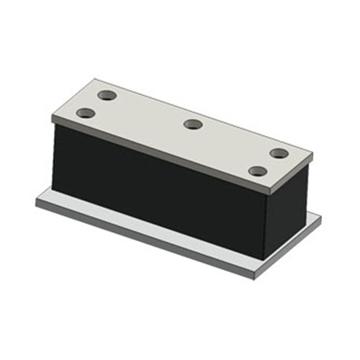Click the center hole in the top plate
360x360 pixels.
pyautogui.click(x=192, y=125)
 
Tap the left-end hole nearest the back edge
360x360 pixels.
pyautogui.click(x=107, y=95)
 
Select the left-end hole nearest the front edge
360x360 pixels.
pyautogui.click(x=86, y=113)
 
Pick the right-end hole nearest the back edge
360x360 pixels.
pyautogui.click(x=279, y=153)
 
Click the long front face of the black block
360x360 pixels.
pyautogui.click(x=158, y=187)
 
